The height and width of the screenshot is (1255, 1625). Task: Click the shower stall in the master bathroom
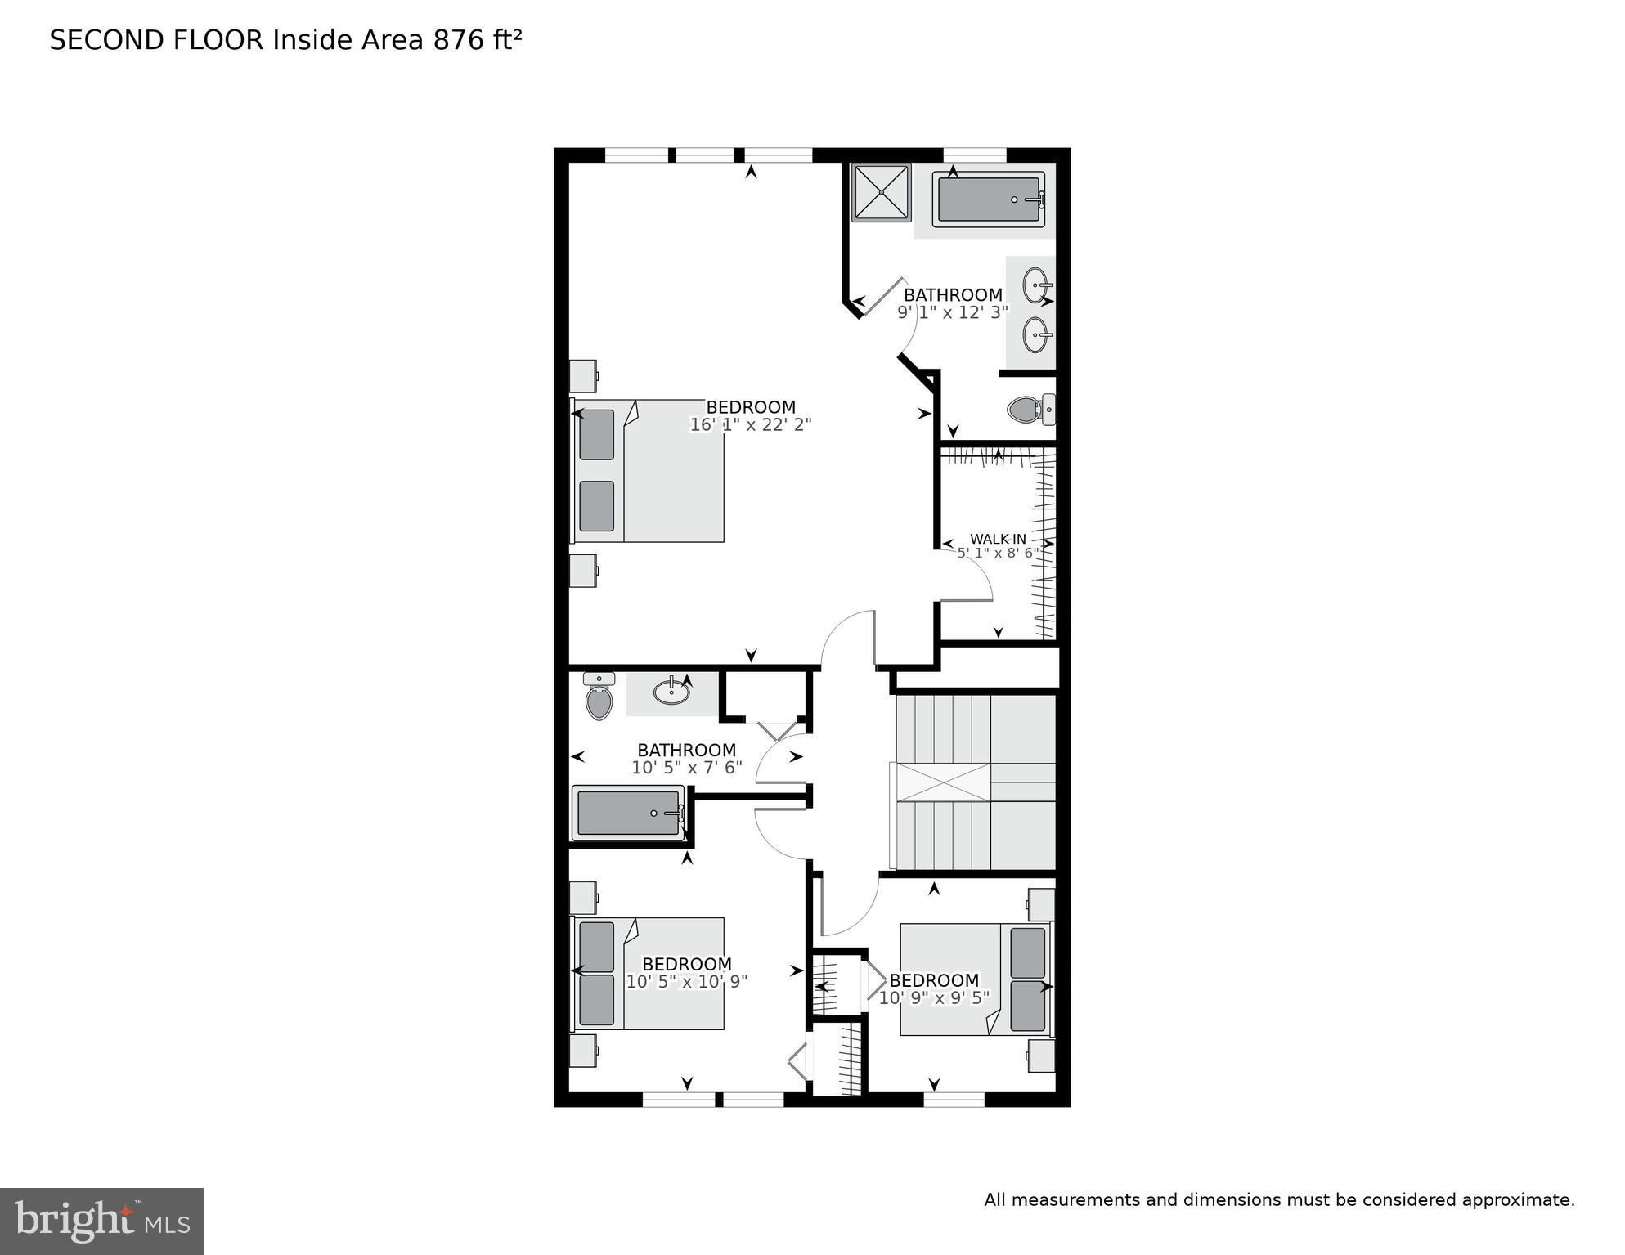tap(881, 193)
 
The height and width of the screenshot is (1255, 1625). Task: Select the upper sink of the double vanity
tap(1036, 285)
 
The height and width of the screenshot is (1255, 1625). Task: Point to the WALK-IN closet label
tap(997, 539)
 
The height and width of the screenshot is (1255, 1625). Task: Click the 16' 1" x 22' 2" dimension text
tap(750, 424)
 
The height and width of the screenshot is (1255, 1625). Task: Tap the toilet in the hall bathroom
tap(599, 697)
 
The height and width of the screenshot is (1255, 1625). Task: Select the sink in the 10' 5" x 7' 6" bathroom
tap(671, 692)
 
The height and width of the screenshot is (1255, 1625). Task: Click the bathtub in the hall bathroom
tap(628, 813)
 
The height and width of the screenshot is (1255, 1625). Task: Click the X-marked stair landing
tap(944, 782)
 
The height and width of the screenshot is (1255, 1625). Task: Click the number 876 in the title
tap(459, 40)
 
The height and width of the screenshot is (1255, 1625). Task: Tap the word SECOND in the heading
tap(107, 40)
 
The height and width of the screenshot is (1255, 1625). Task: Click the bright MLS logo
tap(101, 1221)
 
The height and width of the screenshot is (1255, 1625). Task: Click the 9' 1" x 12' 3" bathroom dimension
tap(953, 312)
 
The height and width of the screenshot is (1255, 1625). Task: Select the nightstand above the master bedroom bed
tap(583, 376)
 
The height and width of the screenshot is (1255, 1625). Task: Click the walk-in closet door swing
tap(967, 582)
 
